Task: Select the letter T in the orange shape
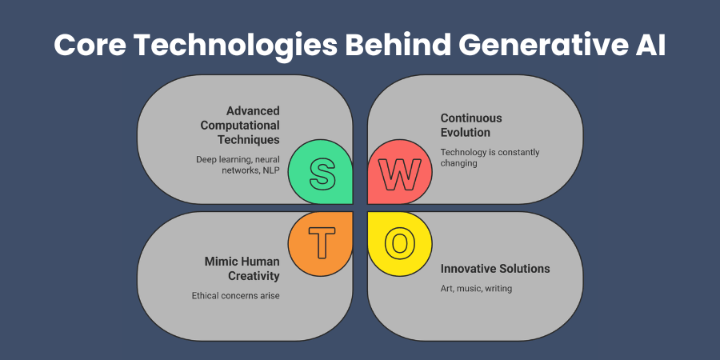(x=322, y=242)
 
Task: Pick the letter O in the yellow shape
(x=399, y=242)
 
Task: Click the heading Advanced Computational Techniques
(x=248, y=125)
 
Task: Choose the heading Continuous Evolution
(x=471, y=125)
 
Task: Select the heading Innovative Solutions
(x=495, y=268)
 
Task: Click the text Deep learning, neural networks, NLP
(x=238, y=166)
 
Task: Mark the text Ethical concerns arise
(x=236, y=295)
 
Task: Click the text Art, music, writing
(x=477, y=288)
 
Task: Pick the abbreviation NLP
(x=269, y=171)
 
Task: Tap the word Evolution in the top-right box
(x=466, y=132)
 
